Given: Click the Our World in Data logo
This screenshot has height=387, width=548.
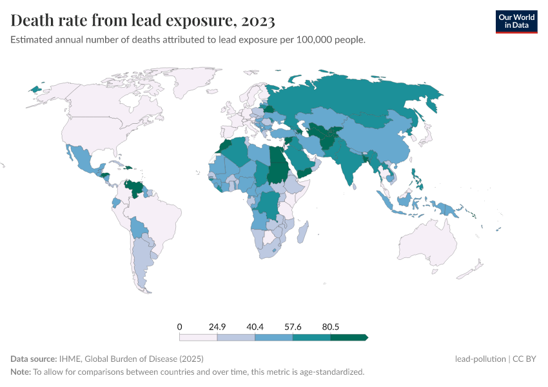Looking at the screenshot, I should (516, 21).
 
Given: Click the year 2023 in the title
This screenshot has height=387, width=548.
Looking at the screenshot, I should (259, 21).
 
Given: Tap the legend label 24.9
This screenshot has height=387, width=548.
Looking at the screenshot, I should (217, 326).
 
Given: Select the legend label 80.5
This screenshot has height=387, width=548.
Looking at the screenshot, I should (330, 326).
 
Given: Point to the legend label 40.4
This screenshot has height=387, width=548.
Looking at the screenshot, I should (255, 326).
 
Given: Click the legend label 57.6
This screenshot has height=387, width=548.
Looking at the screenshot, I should (293, 326).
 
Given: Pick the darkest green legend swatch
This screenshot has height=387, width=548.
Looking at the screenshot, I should (348, 337).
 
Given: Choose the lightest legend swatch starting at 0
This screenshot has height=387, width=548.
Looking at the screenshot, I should (198, 337).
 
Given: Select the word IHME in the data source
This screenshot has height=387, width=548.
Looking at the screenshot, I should (69, 359).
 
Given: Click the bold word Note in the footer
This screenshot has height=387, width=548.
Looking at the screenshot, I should (21, 372).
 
